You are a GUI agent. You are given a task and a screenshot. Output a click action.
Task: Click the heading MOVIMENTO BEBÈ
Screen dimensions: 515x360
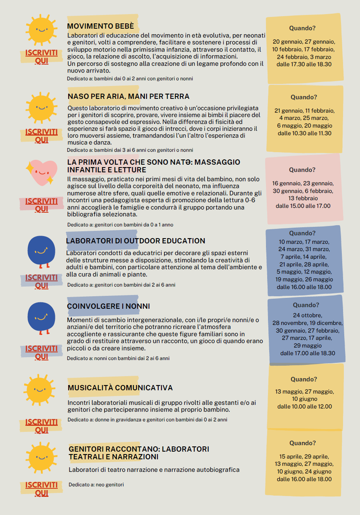(x=100, y=26)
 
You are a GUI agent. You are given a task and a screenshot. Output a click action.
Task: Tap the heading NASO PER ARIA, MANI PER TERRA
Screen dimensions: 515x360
(x=128, y=96)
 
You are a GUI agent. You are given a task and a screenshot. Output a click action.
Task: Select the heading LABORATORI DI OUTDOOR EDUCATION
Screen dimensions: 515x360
(x=136, y=241)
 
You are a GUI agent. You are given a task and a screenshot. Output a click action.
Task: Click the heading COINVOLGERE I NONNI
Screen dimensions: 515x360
(x=108, y=306)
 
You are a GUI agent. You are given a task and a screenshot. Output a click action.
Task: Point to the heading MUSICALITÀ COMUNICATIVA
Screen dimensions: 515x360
(x=120, y=388)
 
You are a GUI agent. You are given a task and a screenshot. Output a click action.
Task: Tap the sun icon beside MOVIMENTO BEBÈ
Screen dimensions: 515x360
(x=41, y=30)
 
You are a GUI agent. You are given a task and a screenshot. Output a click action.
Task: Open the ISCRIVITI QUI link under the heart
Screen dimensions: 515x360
(x=42, y=205)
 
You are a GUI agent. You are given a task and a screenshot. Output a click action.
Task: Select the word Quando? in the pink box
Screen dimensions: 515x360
(x=302, y=170)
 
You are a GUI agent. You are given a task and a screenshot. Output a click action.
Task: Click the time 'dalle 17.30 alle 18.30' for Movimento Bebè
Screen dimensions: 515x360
(x=304, y=64)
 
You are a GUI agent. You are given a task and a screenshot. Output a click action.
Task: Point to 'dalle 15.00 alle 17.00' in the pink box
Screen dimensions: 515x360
(x=303, y=206)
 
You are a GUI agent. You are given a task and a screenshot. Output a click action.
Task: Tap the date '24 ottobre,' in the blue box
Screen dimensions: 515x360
(x=308, y=315)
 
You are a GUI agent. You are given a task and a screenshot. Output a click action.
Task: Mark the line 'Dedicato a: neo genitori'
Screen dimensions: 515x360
(x=96, y=484)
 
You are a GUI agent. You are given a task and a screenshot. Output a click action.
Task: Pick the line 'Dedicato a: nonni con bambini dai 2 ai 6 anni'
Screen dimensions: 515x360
(x=118, y=358)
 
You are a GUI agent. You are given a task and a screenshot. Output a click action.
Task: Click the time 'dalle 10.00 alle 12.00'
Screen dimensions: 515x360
(x=304, y=406)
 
